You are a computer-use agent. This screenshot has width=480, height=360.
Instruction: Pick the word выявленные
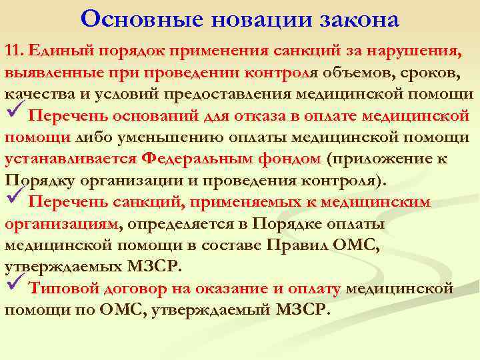[x=45, y=74]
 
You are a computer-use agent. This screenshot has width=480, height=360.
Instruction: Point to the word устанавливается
[x=71, y=159]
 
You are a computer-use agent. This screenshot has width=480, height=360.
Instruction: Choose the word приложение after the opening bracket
[x=379, y=159]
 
